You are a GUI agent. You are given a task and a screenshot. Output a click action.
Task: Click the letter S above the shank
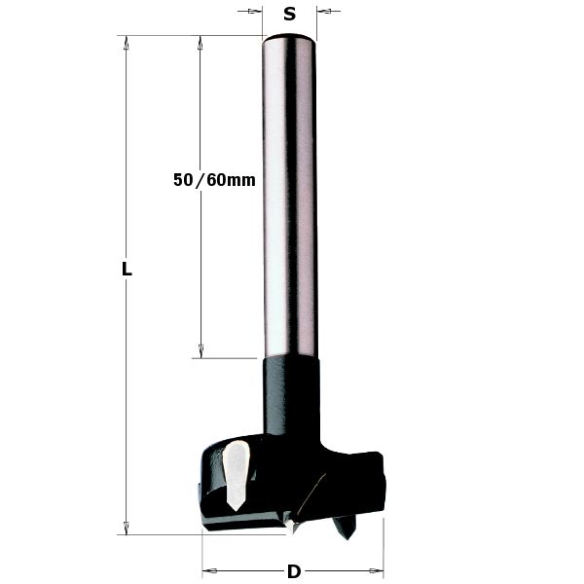click(x=289, y=14)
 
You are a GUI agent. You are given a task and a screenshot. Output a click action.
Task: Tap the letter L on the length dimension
click(x=126, y=271)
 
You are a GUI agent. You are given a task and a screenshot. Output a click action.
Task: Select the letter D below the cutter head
click(x=293, y=571)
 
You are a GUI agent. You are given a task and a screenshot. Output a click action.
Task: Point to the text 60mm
click(x=231, y=180)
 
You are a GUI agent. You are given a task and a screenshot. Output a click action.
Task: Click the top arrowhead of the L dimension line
click(x=125, y=42)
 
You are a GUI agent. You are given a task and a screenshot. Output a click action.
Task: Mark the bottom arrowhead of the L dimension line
click(x=125, y=529)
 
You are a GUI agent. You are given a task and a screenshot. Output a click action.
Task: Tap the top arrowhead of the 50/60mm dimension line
click(x=201, y=42)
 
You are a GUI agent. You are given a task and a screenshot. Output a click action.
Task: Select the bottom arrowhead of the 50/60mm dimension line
click(x=201, y=351)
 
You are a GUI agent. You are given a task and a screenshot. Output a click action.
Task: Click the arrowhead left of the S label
click(x=257, y=13)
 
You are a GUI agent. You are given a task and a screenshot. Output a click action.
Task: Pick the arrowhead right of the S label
click(x=324, y=13)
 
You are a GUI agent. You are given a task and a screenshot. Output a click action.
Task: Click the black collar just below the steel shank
click(x=290, y=389)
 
